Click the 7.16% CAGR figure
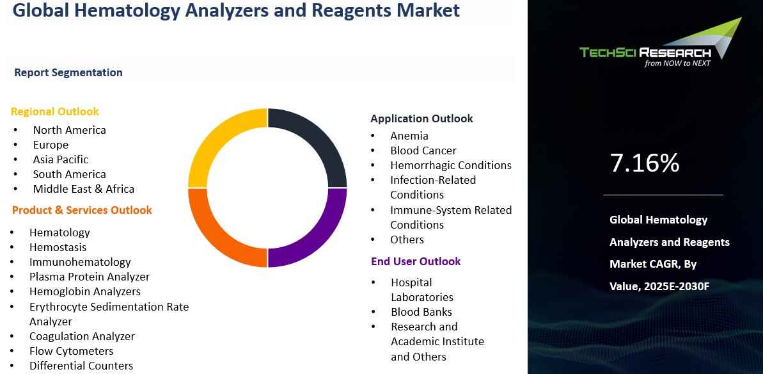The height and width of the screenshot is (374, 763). click(x=645, y=163)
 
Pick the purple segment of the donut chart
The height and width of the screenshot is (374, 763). click(x=317, y=237)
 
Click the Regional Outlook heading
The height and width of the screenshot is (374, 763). click(x=55, y=111)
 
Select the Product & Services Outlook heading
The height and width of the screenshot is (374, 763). click(x=82, y=210)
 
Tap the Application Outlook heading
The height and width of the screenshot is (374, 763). click(x=421, y=118)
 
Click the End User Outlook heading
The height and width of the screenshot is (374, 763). click(x=416, y=261)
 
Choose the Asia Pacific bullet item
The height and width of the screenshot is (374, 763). click(x=61, y=159)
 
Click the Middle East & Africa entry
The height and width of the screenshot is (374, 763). click(x=84, y=189)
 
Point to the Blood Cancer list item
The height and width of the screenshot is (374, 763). click(x=423, y=150)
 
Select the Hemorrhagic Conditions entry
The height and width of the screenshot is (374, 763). click(x=451, y=165)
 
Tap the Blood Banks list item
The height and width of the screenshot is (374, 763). click(x=421, y=312)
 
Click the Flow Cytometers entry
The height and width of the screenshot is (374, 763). click(x=71, y=351)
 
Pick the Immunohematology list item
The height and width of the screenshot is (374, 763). click(x=80, y=262)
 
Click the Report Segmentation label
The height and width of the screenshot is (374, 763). click(x=68, y=72)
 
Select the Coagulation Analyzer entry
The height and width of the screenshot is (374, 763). click(x=82, y=336)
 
